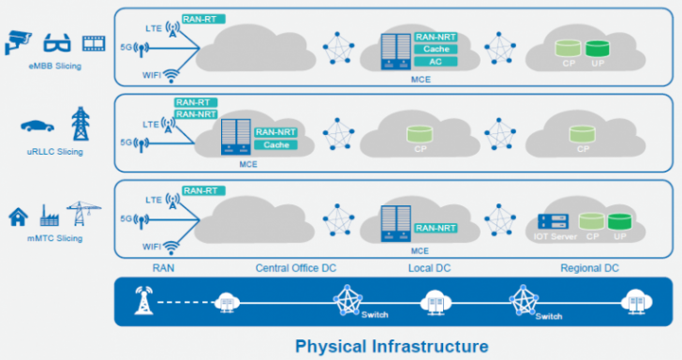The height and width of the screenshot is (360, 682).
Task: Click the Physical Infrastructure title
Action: pyautogui.click(x=392, y=346)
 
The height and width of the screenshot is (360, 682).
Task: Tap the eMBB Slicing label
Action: pyautogui.click(x=55, y=66)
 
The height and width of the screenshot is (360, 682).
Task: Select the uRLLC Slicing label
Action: pyautogui.click(x=55, y=151)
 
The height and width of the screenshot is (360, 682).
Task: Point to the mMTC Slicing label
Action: pyautogui.click(x=55, y=238)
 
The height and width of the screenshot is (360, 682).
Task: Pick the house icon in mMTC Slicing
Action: pyautogui.click(x=17, y=217)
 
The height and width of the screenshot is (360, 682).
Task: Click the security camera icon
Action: pyautogui.click(x=18, y=41)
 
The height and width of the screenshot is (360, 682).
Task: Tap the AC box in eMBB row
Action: pyautogui.click(x=435, y=62)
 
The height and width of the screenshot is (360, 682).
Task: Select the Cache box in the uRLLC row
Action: pyautogui.click(x=275, y=145)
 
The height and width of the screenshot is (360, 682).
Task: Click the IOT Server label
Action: pyautogui.click(x=555, y=238)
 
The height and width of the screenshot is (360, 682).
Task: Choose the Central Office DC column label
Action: pyautogui.click(x=296, y=269)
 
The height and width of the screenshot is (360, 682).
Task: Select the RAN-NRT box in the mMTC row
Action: pyautogui.click(x=436, y=228)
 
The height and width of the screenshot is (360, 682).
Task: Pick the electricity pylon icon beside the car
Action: pyautogui.click(x=81, y=123)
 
